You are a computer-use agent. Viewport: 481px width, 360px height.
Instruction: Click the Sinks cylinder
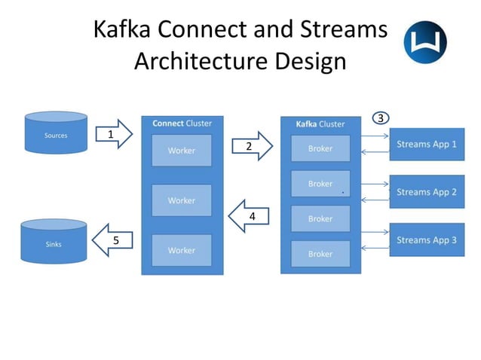coord(53,241)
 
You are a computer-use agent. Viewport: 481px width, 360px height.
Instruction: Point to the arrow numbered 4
coord(249,215)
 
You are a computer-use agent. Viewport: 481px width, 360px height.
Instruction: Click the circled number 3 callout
coord(381,118)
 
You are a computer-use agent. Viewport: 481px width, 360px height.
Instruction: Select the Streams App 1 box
coord(427,144)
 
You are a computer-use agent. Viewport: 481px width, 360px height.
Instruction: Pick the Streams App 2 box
coord(427,192)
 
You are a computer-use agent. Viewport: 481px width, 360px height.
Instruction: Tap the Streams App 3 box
coord(427,240)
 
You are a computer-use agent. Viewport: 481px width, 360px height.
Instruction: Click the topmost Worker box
coord(181,150)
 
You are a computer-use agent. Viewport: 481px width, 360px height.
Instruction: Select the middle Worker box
coord(181,200)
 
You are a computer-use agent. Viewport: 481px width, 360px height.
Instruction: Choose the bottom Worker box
coord(181,250)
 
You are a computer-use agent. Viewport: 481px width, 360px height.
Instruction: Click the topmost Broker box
coord(320,148)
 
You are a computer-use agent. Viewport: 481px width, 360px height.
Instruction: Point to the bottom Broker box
coord(320,254)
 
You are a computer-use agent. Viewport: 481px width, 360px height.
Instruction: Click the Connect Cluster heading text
coord(182,124)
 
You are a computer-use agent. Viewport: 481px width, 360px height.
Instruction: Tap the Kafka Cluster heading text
coord(320,124)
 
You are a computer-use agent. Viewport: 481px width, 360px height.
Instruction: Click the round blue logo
coord(425,41)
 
